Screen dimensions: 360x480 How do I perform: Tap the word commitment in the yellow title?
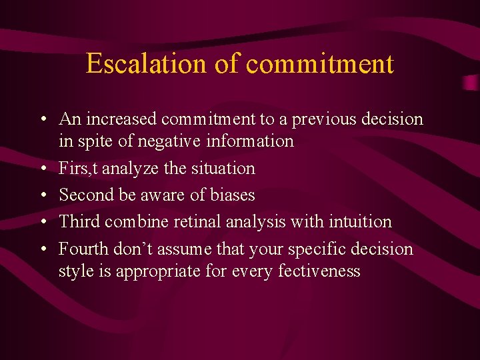(320, 64)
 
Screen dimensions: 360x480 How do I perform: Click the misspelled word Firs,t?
(77, 168)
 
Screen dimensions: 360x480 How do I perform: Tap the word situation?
(224, 168)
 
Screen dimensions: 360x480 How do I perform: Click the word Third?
(79, 221)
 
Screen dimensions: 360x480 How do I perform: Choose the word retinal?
(197, 221)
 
